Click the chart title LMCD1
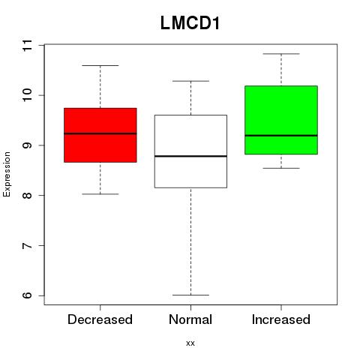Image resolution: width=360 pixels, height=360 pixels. [x=190, y=23]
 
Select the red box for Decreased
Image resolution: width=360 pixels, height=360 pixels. [x=100, y=135]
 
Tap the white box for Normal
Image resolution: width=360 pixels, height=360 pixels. [x=190, y=151]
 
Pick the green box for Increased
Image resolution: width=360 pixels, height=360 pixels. [x=281, y=120]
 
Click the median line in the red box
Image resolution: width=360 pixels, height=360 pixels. [x=100, y=133]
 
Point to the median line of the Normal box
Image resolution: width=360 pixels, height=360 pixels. [x=190, y=156]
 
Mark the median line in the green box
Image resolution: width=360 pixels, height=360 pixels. [x=281, y=136]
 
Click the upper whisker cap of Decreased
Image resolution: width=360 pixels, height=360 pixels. [x=100, y=65]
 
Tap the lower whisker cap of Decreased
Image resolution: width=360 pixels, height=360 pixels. [x=100, y=194]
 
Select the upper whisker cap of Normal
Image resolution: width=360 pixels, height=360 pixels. [x=190, y=81]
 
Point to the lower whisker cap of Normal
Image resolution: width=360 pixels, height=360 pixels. [x=190, y=295]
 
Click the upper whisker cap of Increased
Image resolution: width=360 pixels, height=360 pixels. [x=281, y=54]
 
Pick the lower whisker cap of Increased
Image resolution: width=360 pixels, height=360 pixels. [x=281, y=168]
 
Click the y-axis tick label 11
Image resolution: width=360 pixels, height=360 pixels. [x=27, y=45]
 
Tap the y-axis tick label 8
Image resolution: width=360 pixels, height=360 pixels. [x=27, y=195]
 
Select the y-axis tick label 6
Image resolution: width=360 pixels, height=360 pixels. [x=27, y=295]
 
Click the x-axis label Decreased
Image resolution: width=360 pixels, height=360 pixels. [x=100, y=319]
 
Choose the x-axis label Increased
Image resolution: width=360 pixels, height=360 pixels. [x=281, y=319]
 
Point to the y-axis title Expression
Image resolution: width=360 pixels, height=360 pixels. [x=7, y=174]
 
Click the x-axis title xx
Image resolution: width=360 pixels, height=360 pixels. [x=190, y=343]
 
